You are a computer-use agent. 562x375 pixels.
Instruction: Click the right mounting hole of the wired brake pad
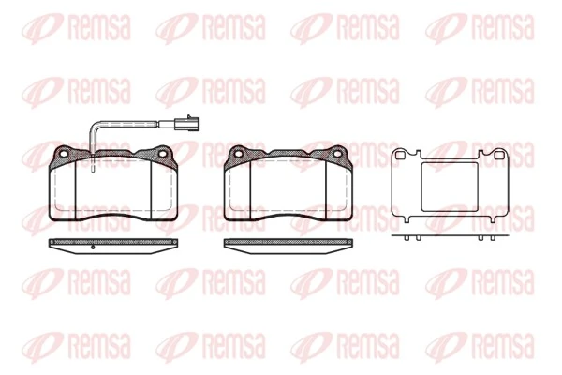coord(165,154)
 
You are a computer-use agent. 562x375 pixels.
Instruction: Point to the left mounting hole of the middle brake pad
coord(238,154)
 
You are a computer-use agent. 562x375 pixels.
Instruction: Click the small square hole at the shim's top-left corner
coord(401,154)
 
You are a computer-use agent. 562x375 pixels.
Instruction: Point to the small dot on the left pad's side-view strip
coord(95,248)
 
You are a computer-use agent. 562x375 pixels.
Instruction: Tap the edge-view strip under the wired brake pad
coord(112,244)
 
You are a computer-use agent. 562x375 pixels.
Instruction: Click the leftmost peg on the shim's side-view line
coord(407,239)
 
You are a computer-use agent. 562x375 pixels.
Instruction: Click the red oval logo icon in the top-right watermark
coord(446,28)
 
